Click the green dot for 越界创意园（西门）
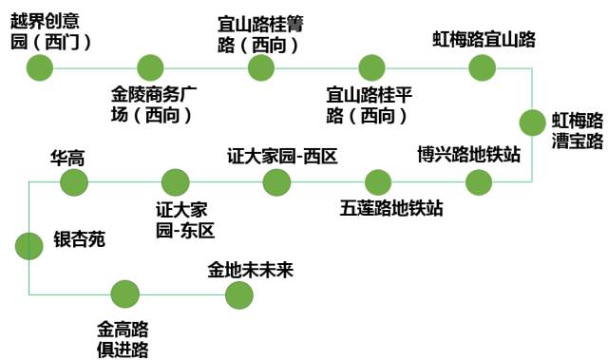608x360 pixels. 39,67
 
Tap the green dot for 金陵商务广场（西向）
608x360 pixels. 150,67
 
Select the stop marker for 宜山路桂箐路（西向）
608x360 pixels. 261,67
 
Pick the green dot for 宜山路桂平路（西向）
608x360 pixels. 372,67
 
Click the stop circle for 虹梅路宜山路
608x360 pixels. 483,67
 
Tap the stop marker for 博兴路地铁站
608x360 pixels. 481,181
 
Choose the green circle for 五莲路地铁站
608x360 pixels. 378,181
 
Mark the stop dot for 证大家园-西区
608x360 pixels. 277,181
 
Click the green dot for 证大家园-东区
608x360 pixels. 176,181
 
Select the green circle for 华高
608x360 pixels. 74,181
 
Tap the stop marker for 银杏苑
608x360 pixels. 29,245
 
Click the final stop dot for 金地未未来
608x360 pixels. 239,294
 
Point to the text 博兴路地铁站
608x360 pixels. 469,154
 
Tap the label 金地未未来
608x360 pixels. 251,271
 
